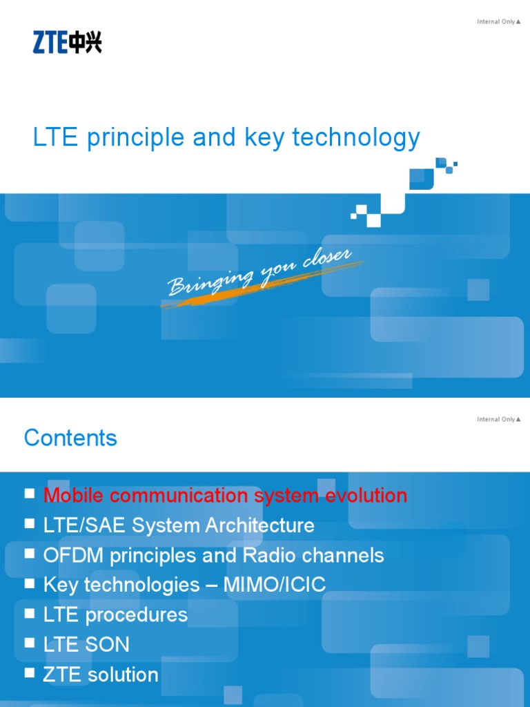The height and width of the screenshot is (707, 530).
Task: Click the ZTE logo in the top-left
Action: point(67,43)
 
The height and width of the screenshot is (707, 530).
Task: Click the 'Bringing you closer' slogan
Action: point(260,273)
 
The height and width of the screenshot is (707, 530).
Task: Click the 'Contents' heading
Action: point(70,438)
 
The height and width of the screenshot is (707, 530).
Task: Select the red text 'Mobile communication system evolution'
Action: point(225,495)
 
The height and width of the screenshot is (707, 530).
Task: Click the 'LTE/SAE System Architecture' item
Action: point(179,525)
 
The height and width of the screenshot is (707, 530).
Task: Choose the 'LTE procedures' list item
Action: point(115,614)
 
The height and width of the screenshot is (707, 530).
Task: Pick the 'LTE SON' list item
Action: point(86,644)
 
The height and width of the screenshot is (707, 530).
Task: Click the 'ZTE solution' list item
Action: point(101,675)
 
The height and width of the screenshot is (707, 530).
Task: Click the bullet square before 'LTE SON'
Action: point(29,643)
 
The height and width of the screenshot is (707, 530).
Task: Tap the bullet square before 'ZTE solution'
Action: point(29,672)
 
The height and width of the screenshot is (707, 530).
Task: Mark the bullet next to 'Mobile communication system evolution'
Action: point(29,493)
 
